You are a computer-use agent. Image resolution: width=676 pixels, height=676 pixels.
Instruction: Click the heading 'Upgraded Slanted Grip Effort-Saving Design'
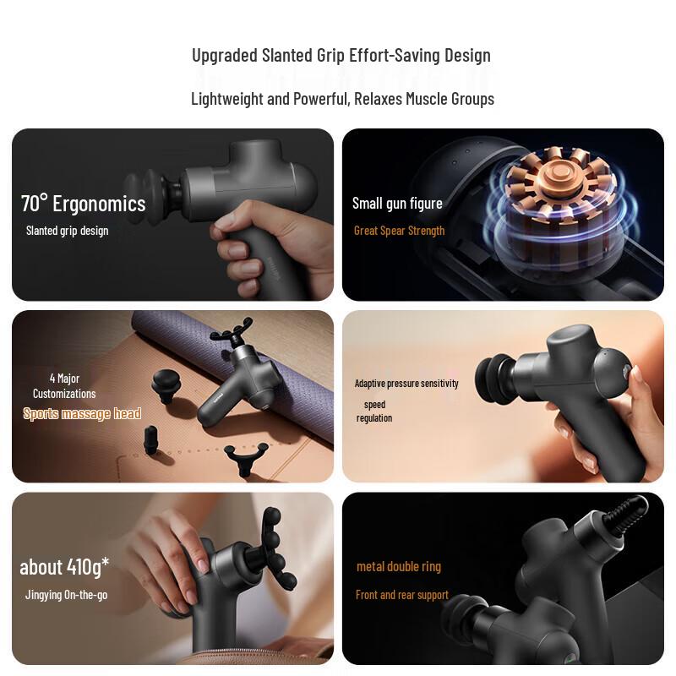(341, 56)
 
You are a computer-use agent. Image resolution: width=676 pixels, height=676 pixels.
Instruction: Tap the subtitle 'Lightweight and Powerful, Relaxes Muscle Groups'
(342, 99)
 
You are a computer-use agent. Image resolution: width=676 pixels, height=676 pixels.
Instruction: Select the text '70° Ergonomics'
(83, 204)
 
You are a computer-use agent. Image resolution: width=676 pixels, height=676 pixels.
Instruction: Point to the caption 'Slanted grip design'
(67, 231)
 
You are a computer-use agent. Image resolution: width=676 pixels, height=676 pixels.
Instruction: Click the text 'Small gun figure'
(397, 203)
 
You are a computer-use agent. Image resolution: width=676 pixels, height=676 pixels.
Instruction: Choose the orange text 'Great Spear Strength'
(399, 231)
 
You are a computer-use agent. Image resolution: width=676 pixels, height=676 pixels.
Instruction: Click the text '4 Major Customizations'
(64, 386)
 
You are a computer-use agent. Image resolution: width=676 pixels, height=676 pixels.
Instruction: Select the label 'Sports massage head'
(82, 413)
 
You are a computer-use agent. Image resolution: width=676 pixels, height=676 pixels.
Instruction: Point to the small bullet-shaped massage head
(152, 437)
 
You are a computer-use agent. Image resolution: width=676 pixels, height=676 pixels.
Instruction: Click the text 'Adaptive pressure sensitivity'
(406, 384)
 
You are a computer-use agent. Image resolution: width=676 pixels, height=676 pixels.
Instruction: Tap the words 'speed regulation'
(374, 412)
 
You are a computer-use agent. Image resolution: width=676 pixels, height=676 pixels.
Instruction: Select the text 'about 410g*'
(64, 566)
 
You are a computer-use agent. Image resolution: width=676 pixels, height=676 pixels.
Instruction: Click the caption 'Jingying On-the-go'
(66, 595)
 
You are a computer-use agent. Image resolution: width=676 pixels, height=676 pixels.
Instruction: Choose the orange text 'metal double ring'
(399, 566)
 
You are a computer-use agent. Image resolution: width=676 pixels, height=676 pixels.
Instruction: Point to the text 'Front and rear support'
(402, 595)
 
